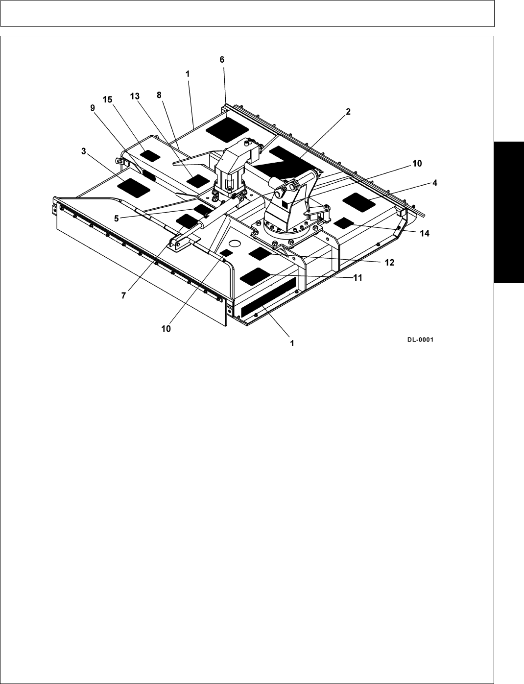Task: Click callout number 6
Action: tap(222, 59)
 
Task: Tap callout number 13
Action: tap(135, 97)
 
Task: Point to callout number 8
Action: tap(159, 96)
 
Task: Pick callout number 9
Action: tap(93, 110)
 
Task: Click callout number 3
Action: tap(84, 152)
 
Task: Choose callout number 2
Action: tap(348, 112)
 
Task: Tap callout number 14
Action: tap(424, 234)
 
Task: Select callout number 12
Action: tap(389, 262)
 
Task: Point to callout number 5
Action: tap(117, 219)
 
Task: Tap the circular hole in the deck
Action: tap(234, 243)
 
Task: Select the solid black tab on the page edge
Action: tap(509, 211)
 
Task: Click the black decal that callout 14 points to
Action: tap(344, 223)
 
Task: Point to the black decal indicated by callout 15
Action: tap(150, 155)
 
